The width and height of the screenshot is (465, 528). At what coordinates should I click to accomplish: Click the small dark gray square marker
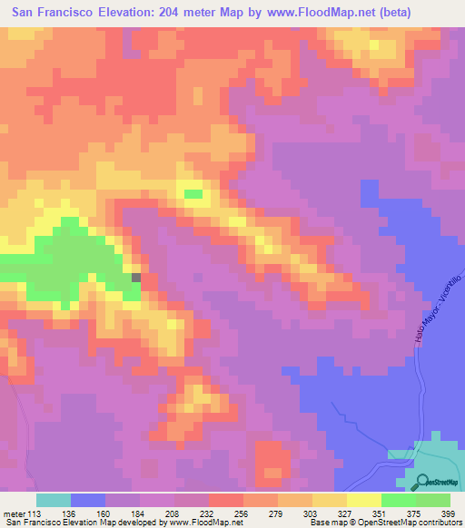(x=137, y=278)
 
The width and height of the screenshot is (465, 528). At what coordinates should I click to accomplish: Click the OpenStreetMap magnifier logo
(x=423, y=483)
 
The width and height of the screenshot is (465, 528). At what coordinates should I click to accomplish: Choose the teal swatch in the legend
(x=53, y=499)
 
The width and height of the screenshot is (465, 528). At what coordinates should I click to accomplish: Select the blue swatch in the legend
(x=87, y=499)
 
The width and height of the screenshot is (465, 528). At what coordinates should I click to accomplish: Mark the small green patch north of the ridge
(x=193, y=193)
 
